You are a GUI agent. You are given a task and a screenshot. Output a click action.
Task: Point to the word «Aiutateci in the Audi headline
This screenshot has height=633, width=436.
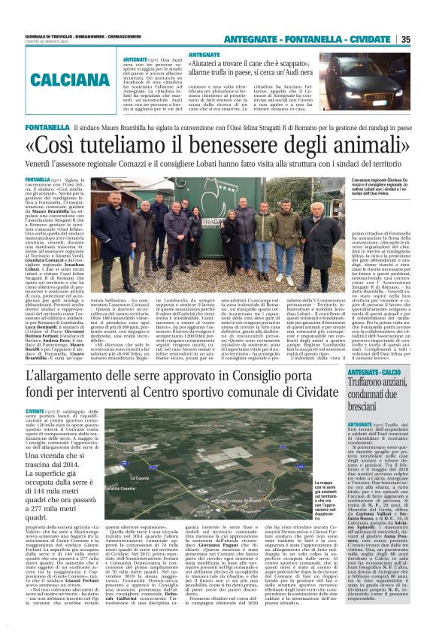click(x=213, y=65)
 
